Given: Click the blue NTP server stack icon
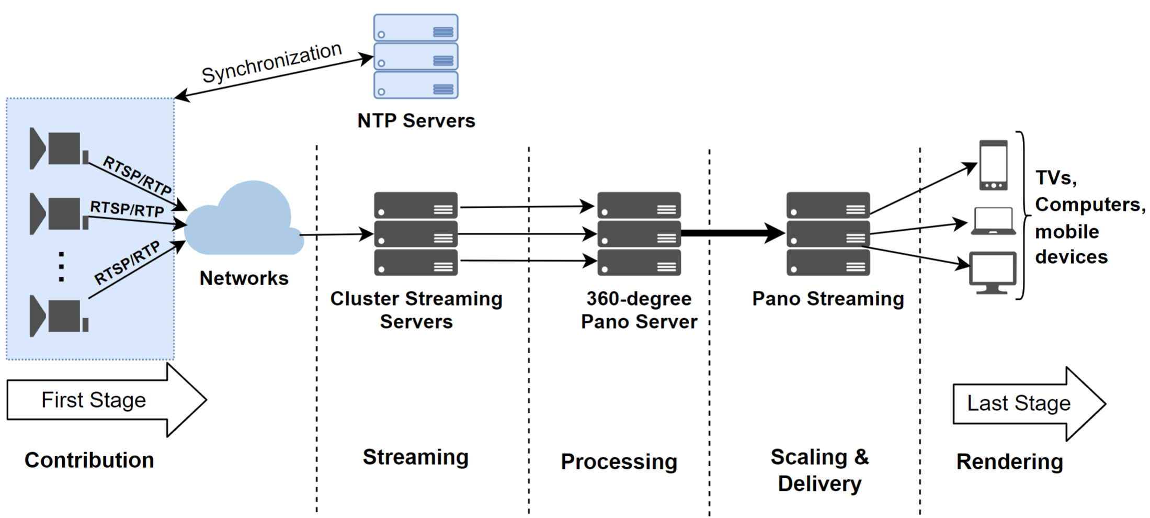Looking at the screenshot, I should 416,57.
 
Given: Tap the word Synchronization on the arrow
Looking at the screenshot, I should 271,63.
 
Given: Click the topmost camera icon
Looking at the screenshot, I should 59,149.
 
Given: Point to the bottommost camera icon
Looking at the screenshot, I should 59,316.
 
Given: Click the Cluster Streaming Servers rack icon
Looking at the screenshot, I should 416,234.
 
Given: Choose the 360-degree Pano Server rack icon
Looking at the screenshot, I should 639,234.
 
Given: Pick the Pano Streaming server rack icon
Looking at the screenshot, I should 828,234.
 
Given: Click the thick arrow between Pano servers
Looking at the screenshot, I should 732,233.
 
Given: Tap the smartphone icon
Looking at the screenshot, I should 993,165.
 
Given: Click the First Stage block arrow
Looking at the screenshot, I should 105,400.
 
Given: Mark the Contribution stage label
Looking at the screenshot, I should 89,460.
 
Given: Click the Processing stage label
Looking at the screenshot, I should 619,462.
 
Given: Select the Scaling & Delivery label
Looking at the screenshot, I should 819,470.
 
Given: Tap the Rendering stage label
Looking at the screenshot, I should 1009,462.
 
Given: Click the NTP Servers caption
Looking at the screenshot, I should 416,121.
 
